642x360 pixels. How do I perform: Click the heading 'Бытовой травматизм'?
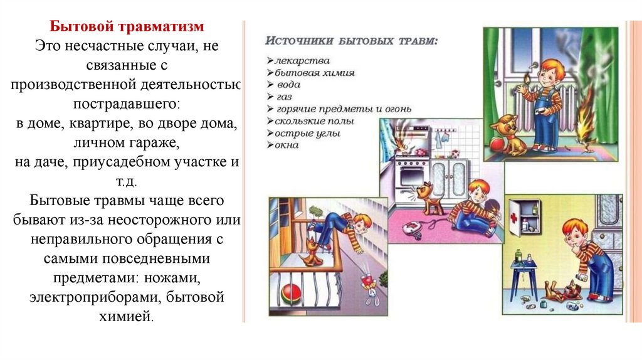(127, 28)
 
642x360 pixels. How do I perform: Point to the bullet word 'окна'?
(287, 145)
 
